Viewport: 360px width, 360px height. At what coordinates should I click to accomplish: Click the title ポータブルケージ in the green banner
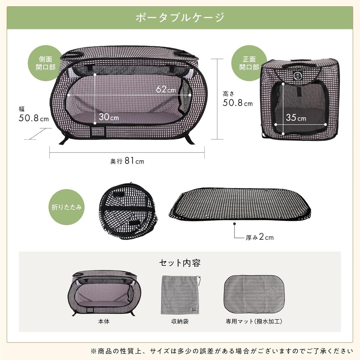tap(180, 18)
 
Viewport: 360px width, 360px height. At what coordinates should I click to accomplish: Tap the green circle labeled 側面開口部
tap(45, 63)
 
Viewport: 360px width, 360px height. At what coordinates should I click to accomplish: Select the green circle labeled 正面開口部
tap(249, 63)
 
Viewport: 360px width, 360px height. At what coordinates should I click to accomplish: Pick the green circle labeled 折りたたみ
tap(67, 207)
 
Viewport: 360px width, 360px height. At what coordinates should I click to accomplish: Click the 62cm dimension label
tap(166, 90)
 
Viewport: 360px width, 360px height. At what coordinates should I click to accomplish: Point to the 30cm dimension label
tap(109, 117)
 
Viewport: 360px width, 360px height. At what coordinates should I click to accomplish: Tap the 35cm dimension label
tap(296, 118)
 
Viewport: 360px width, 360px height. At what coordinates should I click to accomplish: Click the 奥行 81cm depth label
tap(127, 161)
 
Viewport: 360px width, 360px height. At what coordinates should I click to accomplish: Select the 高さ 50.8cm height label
tap(238, 99)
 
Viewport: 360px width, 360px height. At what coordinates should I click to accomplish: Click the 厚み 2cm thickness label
tap(259, 237)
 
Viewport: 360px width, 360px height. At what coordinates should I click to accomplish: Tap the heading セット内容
tap(180, 263)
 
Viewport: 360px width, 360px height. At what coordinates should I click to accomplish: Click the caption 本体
tap(104, 321)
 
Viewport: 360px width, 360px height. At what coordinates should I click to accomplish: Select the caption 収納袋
tap(180, 321)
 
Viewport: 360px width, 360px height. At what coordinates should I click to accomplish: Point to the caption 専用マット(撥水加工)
tap(254, 321)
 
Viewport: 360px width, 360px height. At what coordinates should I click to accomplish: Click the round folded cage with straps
tap(128, 211)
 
